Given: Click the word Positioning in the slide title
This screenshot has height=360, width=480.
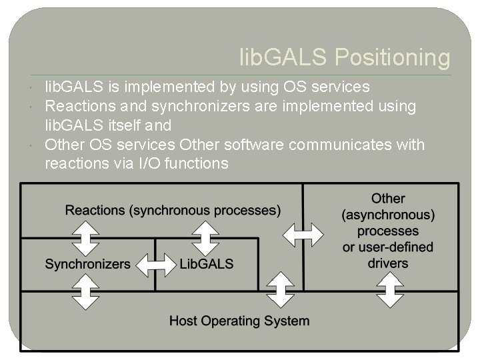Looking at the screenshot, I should click(x=392, y=57).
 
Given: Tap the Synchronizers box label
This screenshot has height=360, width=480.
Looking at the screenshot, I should click(x=87, y=264).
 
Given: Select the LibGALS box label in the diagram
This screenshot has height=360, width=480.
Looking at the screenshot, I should click(x=207, y=264).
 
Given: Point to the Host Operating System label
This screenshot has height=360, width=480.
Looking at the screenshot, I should click(x=239, y=321).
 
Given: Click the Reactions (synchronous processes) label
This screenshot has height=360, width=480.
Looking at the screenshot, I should click(x=173, y=211).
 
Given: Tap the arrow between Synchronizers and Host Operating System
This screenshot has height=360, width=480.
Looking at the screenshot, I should click(x=85, y=292).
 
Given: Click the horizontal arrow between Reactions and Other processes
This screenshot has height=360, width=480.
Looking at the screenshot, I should click(x=303, y=234).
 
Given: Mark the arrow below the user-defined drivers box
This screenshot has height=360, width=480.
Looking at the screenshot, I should click(x=388, y=292).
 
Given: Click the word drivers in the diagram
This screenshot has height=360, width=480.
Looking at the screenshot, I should click(x=387, y=263).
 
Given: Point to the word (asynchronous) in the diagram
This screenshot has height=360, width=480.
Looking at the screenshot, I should click(x=388, y=215).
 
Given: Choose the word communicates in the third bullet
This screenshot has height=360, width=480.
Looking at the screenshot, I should click(x=334, y=145).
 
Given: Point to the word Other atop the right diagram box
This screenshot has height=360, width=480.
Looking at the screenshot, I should click(x=388, y=198).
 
